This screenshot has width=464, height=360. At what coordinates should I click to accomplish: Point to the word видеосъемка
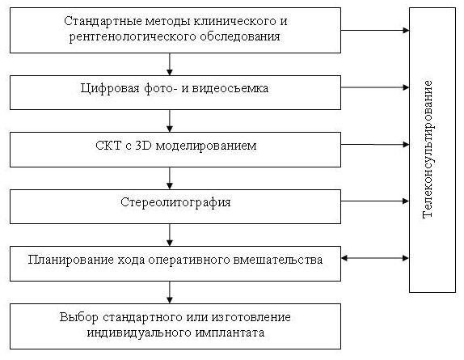pyautogui.click(x=230, y=88)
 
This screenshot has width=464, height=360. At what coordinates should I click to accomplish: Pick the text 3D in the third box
pyautogui.click(x=144, y=146)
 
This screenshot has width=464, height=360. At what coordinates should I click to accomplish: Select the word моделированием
pyautogui.click(x=206, y=146)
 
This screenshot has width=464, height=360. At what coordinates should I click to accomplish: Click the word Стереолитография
pyautogui.click(x=175, y=203)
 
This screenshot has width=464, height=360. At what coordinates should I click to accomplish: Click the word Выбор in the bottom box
pyautogui.click(x=78, y=317)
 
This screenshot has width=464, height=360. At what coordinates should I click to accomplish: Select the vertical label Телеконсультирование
pyautogui.click(x=428, y=150)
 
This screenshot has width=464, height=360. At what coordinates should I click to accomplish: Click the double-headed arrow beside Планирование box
pyautogui.click(x=375, y=258)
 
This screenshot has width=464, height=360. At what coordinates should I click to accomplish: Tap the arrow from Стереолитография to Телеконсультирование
pyautogui.click(x=375, y=201)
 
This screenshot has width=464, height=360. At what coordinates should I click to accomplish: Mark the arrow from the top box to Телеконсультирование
pyautogui.click(x=375, y=30)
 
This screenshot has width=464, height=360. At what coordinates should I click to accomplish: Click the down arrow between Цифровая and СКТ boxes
pyautogui.click(x=170, y=121)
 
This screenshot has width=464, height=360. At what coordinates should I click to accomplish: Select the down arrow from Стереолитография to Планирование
pyautogui.click(x=170, y=235)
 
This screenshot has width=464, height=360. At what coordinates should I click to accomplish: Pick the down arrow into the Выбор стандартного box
pyautogui.click(x=170, y=293)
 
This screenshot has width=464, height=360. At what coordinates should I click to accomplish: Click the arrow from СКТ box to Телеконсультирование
pyautogui.click(x=375, y=145)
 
